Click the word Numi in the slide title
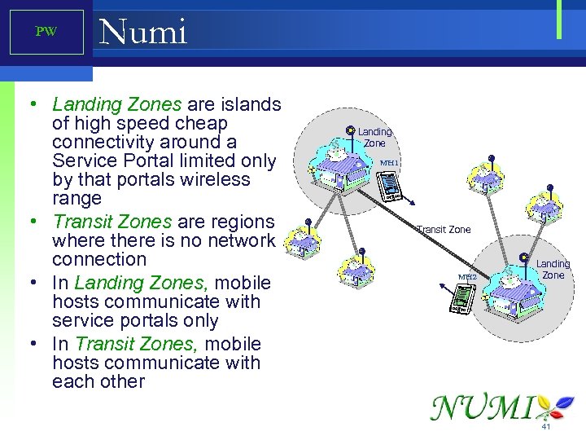tap(142, 33)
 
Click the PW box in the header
tap(46, 33)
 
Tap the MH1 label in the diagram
tap(389, 162)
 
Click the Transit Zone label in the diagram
tap(444, 230)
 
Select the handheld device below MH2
tap(461, 300)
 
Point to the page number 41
tap(546, 426)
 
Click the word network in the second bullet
tap(242, 240)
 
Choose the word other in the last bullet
tap(120, 381)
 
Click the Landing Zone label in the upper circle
tap(375, 137)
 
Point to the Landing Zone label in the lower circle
tap(553, 269)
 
